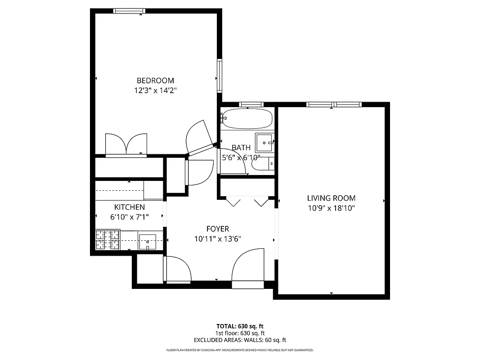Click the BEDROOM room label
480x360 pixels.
[155, 81]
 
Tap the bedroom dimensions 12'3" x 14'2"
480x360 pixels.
[155, 90]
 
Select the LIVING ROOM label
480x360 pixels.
[331, 198]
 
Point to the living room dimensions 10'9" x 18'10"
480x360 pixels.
[331, 208]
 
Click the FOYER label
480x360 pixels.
[218, 229]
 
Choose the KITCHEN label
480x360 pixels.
[130, 207]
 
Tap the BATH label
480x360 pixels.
[241, 148]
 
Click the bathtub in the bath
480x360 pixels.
[247, 118]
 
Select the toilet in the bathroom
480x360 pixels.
[263, 164]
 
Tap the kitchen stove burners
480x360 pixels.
[108, 239]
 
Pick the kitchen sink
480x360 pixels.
[147, 242]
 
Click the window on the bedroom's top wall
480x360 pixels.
[129, 11]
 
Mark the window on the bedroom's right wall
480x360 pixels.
[220, 75]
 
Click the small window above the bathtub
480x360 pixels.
[251, 105]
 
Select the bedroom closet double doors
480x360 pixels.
[126, 144]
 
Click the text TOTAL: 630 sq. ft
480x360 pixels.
[240, 326]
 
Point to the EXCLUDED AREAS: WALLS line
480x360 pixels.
[240, 340]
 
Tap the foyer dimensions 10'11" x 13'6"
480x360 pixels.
[218, 239]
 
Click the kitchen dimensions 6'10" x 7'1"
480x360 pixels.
[130, 217]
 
